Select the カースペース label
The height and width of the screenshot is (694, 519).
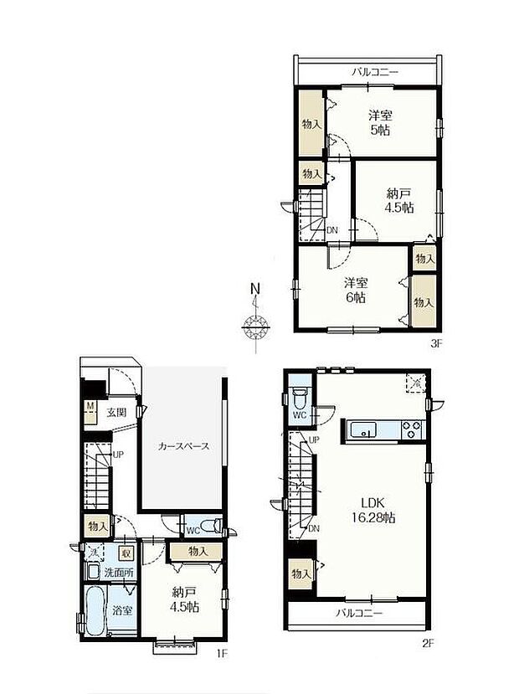tap(183, 446)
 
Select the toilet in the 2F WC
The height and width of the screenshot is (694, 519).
tap(301, 394)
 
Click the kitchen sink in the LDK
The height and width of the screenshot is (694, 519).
tap(364, 430)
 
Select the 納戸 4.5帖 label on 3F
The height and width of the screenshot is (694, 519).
tap(398, 200)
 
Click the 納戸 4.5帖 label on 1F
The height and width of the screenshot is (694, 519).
tap(181, 599)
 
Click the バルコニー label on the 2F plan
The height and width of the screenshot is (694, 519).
tap(360, 613)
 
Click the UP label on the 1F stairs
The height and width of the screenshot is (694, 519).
tap(118, 455)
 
